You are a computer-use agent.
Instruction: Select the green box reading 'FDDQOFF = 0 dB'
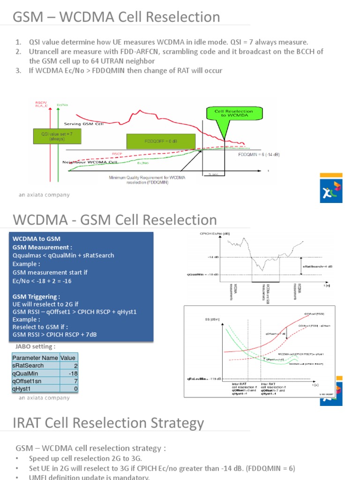tap(160, 140)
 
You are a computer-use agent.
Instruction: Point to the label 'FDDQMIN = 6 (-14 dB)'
tap(259, 154)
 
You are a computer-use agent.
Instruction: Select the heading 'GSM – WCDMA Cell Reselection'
tap(116, 17)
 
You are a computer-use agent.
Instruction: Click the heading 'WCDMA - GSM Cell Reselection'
tap(115, 220)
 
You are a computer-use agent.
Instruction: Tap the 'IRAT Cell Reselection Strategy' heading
tap(108, 423)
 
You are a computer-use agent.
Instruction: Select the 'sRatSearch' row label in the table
tap(28, 366)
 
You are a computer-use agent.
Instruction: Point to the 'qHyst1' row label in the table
tap(22, 389)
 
